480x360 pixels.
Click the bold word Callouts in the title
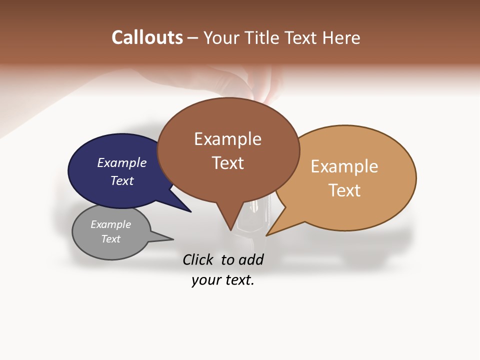pos(147,37)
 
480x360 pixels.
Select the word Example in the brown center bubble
pos(227,139)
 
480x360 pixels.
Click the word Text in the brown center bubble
pos(227,163)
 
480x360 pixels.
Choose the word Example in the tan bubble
pos(344,166)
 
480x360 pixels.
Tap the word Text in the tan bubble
pos(344,190)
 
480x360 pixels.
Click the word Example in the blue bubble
pos(122,163)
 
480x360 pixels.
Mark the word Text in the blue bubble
pos(122,181)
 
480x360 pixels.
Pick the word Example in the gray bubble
pos(110,224)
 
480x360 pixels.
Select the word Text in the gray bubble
pos(110,239)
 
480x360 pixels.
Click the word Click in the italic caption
pos(198,259)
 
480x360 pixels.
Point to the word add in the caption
pos(250,259)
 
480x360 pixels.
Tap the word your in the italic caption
pos(206,280)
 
